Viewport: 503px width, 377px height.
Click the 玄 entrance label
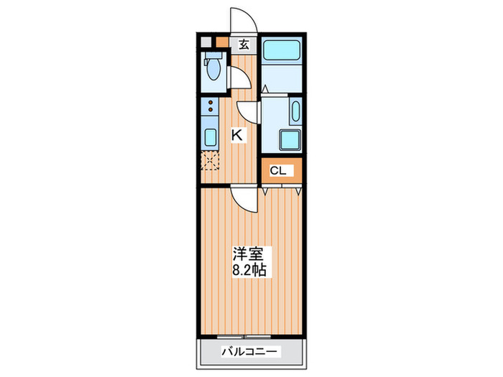pos(244,45)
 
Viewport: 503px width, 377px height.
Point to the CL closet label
pos(278,171)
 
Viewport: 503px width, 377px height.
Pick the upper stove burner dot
pos(211,103)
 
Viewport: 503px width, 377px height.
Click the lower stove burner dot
pos(211,113)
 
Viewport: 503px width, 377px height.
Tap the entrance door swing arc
pos(240,19)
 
